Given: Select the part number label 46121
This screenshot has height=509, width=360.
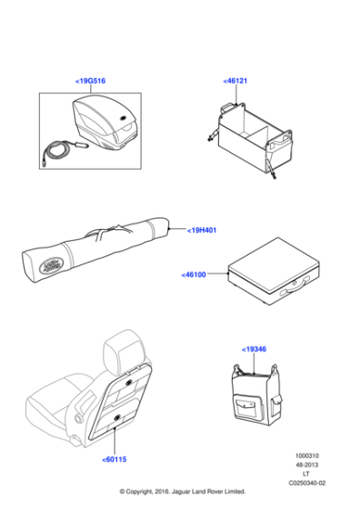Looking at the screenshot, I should click(235, 82).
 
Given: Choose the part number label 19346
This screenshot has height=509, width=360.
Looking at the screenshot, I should click(255, 349).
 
